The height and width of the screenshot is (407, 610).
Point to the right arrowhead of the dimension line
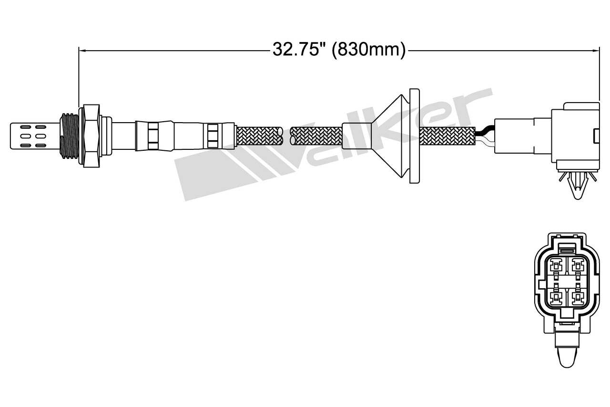tap(595, 50)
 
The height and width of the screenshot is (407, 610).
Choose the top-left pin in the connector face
tap(556, 264)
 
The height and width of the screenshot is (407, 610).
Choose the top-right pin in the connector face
tap(578, 264)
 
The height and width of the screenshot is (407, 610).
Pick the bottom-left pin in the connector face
tap(556, 297)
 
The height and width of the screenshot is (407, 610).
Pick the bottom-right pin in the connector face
tap(578, 297)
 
